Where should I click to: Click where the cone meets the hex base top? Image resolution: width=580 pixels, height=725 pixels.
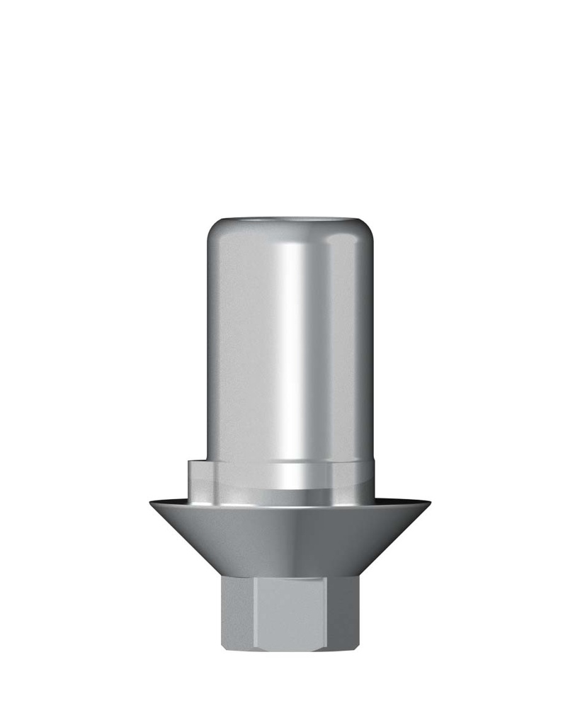tap(290, 575)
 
